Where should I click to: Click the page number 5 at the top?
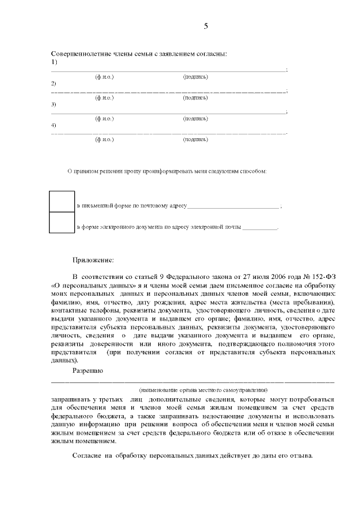pos(205,26)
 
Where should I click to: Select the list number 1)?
pos(54,61)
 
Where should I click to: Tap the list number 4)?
pos(54,125)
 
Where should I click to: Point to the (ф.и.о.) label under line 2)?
pos(105,97)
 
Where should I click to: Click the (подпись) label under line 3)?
pos(195,118)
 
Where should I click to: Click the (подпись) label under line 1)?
pos(195,76)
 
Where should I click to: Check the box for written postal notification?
pos(62,201)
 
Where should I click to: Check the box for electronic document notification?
pos(62,222)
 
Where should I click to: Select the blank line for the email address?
pos(260,228)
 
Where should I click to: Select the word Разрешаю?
pos(88,371)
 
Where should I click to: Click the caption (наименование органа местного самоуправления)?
pos(204,389)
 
